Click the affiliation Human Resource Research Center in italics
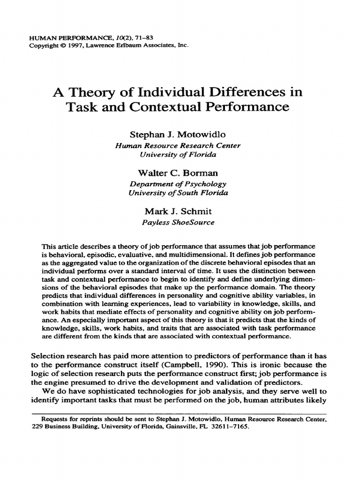tap(178, 145)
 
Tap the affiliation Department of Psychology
tap(178, 184)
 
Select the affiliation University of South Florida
tap(178, 192)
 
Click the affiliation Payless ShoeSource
tap(178, 222)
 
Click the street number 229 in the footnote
tap(37, 427)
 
